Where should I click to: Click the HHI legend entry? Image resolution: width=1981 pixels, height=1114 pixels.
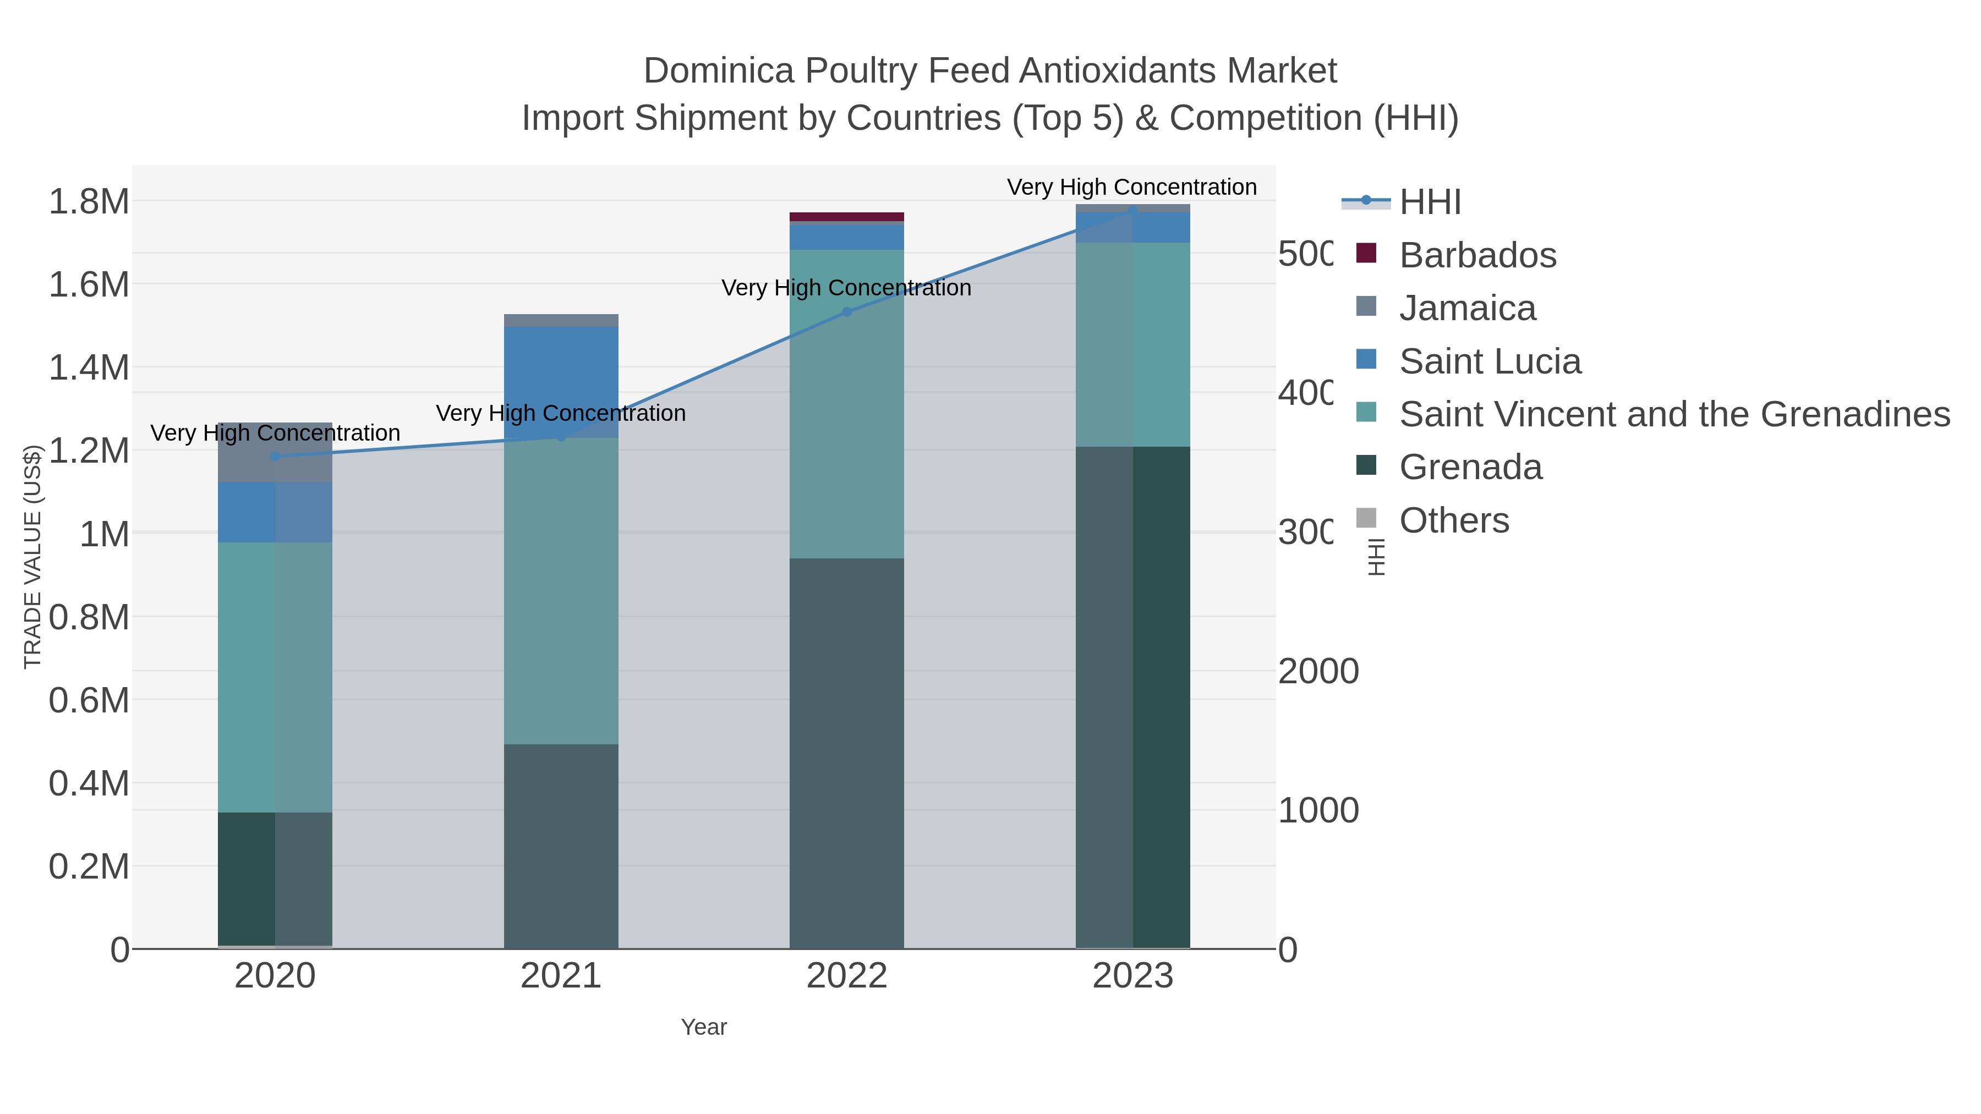pyautogui.click(x=1429, y=202)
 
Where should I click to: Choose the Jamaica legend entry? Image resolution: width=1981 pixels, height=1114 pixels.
pyautogui.click(x=1466, y=308)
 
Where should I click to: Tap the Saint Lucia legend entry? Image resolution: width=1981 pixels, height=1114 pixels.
pyautogui.click(x=1490, y=361)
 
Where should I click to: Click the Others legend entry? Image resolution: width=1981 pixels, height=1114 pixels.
pyautogui.click(x=1453, y=520)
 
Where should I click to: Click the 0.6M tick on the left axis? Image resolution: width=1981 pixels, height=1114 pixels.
pyautogui.click(x=89, y=700)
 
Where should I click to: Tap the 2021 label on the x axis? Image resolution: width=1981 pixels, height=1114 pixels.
pyautogui.click(x=561, y=976)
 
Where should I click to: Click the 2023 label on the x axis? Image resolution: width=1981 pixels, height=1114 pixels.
pyautogui.click(x=1133, y=976)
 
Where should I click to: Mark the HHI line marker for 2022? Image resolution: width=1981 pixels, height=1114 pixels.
pyautogui.click(x=847, y=312)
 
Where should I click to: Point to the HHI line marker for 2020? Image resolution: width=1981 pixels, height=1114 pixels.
pyautogui.click(x=275, y=457)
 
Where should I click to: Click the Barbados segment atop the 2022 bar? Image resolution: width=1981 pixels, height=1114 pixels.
pyautogui.click(x=847, y=217)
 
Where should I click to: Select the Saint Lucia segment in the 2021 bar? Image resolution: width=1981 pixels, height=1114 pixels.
pyautogui.click(x=561, y=382)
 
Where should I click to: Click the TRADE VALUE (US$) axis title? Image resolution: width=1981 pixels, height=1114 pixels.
pyautogui.click(x=32, y=557)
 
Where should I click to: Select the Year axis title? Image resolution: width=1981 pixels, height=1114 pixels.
pyautogui.click(x=704, y=1027)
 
